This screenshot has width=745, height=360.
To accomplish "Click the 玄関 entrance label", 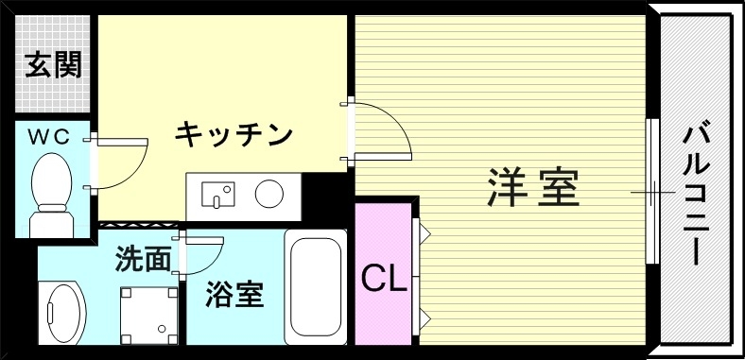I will (x=52, y=65).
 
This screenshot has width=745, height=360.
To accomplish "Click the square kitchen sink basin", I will (x=221, y=195).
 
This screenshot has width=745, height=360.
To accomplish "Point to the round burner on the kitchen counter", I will (x=269, y=194).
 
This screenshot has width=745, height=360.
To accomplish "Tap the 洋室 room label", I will (x=532, y=187).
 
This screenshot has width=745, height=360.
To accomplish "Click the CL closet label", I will (x=384, y=278).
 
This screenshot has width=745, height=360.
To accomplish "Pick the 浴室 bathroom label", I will (x=234, y=294).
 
